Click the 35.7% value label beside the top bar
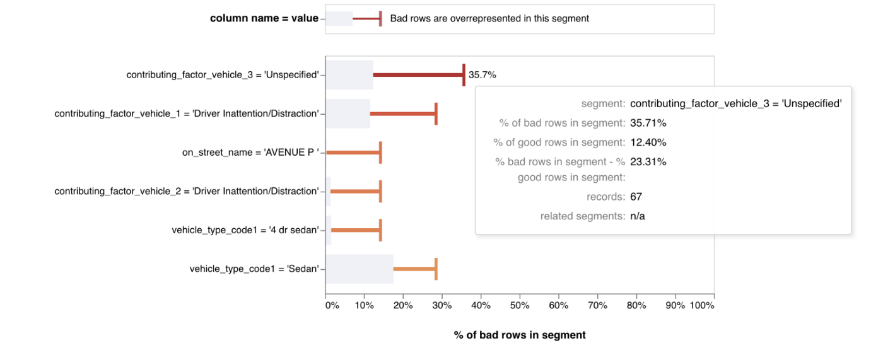point(482,75)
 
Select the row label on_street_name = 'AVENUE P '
point(250,153)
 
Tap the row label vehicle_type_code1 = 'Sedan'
point(254,269)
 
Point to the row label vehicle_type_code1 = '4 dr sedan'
point(245,230)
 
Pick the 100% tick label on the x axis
point(702,305)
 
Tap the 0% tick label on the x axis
point(332,305)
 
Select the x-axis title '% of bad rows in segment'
point(520,335)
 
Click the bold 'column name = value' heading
point(264,18)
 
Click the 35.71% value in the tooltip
point(648,124)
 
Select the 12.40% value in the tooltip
point(648,142)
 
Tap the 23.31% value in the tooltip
point(648,162)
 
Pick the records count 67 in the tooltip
point(636,197)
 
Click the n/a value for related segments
point(638,216)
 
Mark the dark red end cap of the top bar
point(464,75)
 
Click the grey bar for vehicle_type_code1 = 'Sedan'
point(360,269)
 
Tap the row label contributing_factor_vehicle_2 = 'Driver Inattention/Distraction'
point(187,192)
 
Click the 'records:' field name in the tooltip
point(606,197)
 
